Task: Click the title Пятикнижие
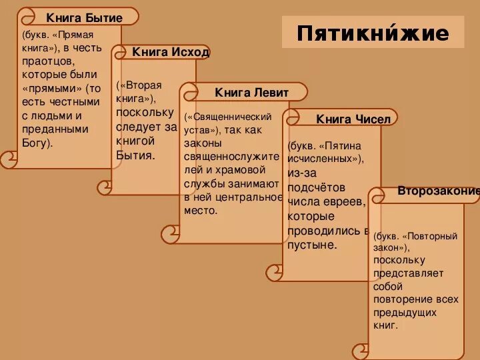[x=373, y=33]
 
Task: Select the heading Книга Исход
[x=171, y=52]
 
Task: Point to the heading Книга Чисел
[x=353, y=119]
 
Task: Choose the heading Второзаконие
[x=438, y=191]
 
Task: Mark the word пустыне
[x=312, y=245]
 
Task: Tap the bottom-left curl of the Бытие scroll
[x=9, y=159]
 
